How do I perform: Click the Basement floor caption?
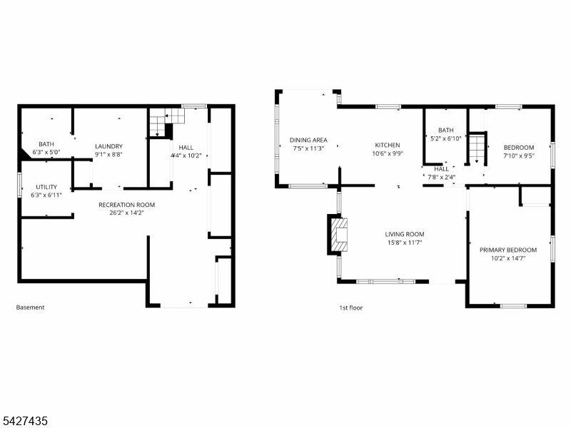pos(30,307)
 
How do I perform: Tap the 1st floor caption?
pos(351,308)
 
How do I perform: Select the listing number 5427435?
pos(24,421)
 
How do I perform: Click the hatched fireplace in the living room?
pos(338,235)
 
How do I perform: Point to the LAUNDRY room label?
pos(109,146)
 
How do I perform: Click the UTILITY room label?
pos(46,187)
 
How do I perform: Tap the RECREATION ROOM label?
pos(127,205)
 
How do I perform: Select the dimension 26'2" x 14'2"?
pos(127,213)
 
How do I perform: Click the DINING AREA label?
pos(308,140)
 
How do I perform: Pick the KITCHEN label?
pos(388,146)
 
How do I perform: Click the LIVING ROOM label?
pos(405,235)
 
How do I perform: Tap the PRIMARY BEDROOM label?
pos(508,250)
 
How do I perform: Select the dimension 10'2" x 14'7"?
pos(508,258)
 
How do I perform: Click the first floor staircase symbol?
pos(477,148)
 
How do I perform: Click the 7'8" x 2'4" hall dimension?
pos(441,178)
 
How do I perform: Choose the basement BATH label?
pos(46,144)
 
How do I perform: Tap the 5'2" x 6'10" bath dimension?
pos(445,138)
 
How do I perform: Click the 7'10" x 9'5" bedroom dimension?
pos(519,156)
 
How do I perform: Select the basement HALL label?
pos(186,148)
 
